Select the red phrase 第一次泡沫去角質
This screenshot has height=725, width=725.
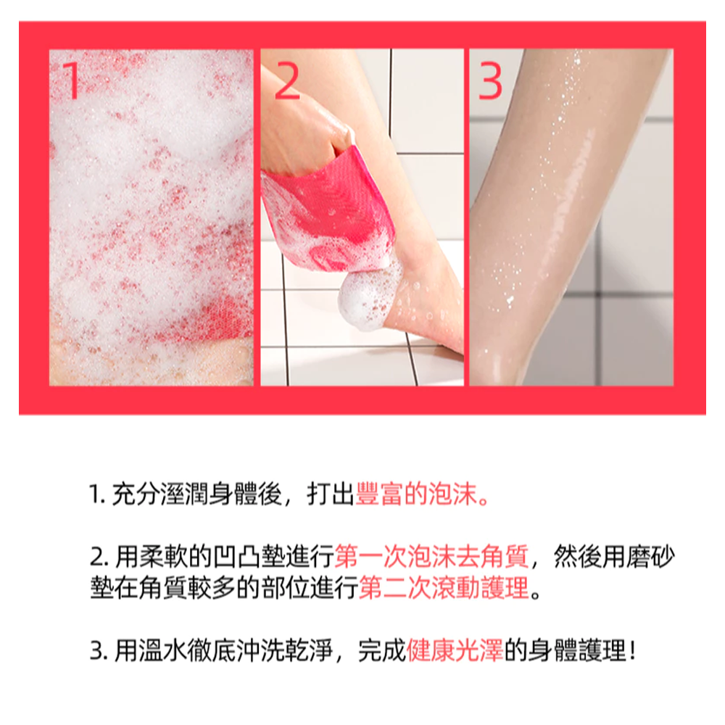point(431,556)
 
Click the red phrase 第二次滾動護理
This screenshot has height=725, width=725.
point(444,588)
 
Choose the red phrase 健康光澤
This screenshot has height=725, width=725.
point(455,650)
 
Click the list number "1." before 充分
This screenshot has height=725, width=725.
point(97,494)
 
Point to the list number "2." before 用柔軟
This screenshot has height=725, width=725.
point(99,557)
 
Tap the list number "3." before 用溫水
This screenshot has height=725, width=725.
point(99,651)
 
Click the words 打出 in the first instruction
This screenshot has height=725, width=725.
point(331,494)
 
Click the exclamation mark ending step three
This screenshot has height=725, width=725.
point(632,650)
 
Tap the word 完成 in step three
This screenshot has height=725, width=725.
point(382,650)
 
